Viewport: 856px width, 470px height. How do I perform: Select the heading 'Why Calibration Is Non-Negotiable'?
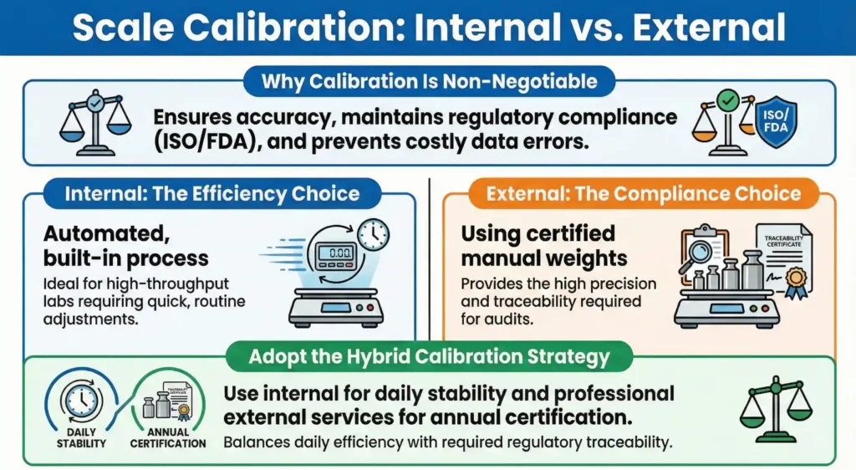429,82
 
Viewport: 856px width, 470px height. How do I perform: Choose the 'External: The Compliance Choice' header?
643,194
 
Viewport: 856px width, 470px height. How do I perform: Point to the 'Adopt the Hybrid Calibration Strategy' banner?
430,357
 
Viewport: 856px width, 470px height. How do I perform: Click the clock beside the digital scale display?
373,234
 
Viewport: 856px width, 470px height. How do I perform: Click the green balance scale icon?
777,404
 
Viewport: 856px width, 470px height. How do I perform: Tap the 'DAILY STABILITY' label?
81,438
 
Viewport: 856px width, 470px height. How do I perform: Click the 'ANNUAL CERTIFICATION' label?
168,438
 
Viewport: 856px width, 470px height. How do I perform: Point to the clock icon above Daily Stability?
82,399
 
